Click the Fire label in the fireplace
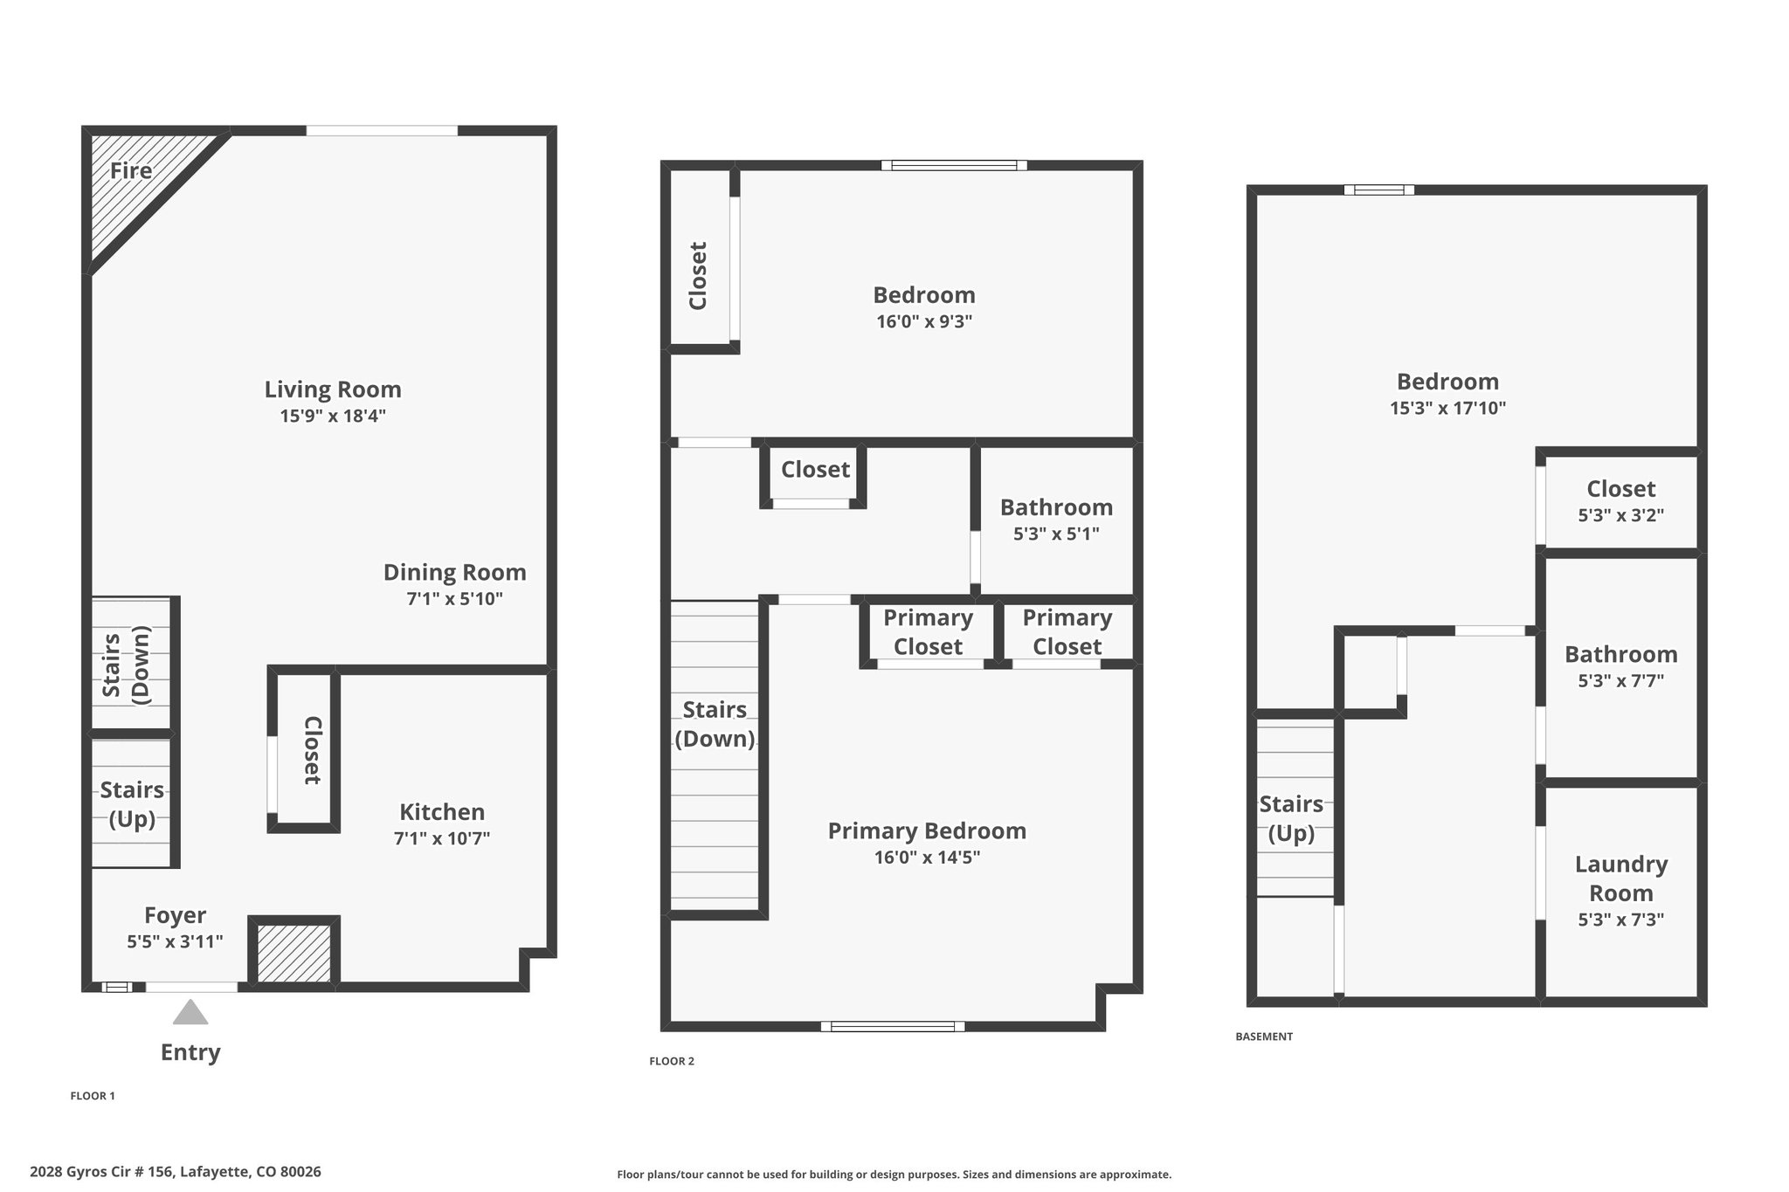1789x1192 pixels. pos(131,170)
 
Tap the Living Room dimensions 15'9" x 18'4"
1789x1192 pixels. pos(333,416)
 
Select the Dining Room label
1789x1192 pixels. pos(455,573)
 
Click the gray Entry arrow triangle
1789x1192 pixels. pos(190,1012)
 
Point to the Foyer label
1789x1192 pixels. pos(176,915)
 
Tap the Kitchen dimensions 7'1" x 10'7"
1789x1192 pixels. pos(442,838)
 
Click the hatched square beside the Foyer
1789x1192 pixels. pos(294,954)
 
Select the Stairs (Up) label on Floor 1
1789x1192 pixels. pos(132,804)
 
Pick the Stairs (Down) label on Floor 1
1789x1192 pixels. pos(127,665)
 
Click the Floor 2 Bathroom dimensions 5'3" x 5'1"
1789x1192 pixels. pos(1056,534)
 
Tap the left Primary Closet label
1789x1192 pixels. pos(928,632)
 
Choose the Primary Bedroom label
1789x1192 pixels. pos(927,830)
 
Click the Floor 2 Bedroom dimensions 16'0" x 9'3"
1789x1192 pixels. pos(924,321)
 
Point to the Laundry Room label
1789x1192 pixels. pos(1621,878)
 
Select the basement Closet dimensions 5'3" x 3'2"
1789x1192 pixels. pos(1621,515)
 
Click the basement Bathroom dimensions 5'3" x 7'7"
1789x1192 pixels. pos(1621,680)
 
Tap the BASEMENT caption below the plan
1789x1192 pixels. pos(1264,1037)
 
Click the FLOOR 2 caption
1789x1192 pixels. pos(672,1061)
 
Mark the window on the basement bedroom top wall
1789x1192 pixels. pos(1379,189)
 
